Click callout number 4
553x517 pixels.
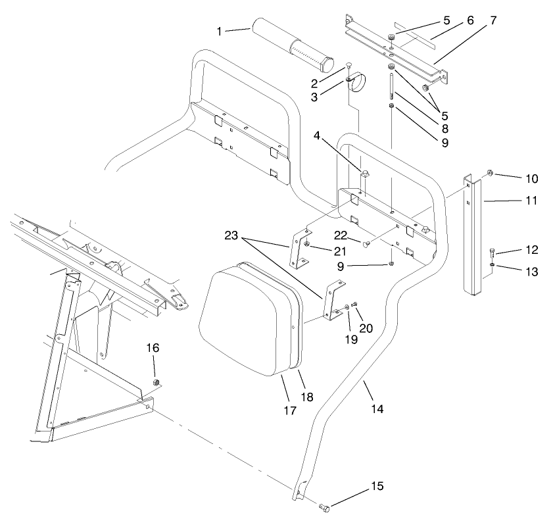[x=318, y=138]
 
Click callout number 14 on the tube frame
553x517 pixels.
[x=377, y=408]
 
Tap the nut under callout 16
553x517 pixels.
[x=156, y=383]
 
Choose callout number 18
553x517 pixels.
[x=307, y=397]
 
